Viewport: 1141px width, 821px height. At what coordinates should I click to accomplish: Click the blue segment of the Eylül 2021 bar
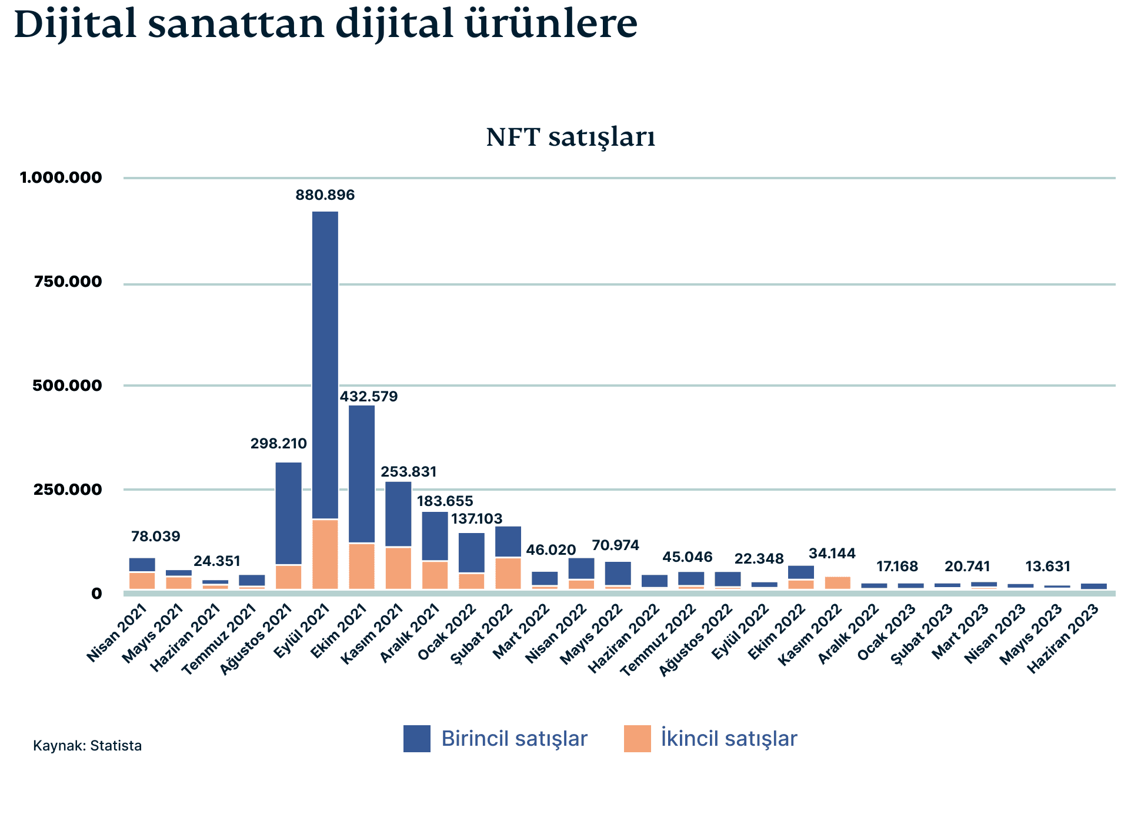coord(325,364)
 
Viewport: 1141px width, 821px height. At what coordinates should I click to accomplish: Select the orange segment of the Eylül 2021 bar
coord(325,554)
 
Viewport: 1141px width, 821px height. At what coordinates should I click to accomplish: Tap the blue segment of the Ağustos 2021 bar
coord(288,513)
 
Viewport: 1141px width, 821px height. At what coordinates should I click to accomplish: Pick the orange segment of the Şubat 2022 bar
coord(508,573)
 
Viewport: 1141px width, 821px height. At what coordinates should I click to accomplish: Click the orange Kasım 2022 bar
coord(838,583)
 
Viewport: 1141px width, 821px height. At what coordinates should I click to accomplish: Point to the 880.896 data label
coord(325,195)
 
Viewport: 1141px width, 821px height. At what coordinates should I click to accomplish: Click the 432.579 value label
coord(369,397)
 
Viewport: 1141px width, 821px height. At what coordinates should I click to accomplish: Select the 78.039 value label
coord(155,537)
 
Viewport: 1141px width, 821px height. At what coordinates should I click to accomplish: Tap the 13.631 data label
coord(1047,567)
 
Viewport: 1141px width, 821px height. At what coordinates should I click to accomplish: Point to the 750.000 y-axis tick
coord(68,282)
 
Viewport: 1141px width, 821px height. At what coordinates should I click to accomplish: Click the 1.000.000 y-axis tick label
coord(61,177)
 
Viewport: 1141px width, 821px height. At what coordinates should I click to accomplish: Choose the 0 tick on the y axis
coord(96,594)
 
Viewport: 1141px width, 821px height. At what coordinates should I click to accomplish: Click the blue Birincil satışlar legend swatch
coord(416,739)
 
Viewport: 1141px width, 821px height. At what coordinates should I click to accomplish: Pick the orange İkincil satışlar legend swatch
coord(638,739)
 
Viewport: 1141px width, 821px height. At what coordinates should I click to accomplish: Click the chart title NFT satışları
coord(570,138)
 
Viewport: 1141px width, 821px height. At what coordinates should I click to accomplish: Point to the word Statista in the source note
coord(116,746)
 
